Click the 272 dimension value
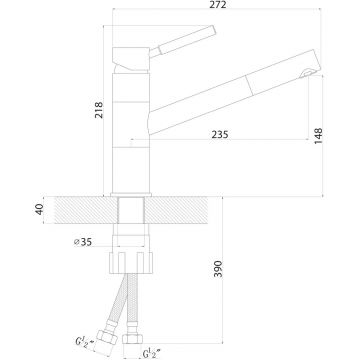(x=218, y=5)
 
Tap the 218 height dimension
(x=99, y=110)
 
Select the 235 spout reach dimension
(x=220, y=134)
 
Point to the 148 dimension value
(x=318, y=136)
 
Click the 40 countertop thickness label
(x=39, y=210)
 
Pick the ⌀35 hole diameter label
(x=83, y=242)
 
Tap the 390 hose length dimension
(x=218, y=269)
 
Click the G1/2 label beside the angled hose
(x=83, y=342)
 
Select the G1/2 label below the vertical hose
(x=151, y=353)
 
